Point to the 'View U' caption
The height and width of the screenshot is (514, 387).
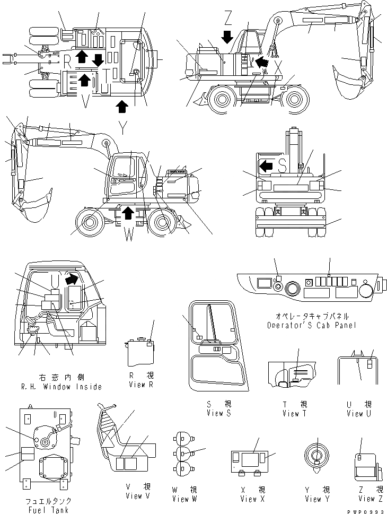tap(355, 413)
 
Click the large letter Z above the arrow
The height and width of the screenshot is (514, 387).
tap(227, 20)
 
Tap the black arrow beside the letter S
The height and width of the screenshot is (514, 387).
tap(266, 167)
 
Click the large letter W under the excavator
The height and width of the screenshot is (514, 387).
tap(129, 236)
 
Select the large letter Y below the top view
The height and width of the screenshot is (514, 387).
tap(123, 127)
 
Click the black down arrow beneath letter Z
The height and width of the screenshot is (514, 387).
tap(227, 37)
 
